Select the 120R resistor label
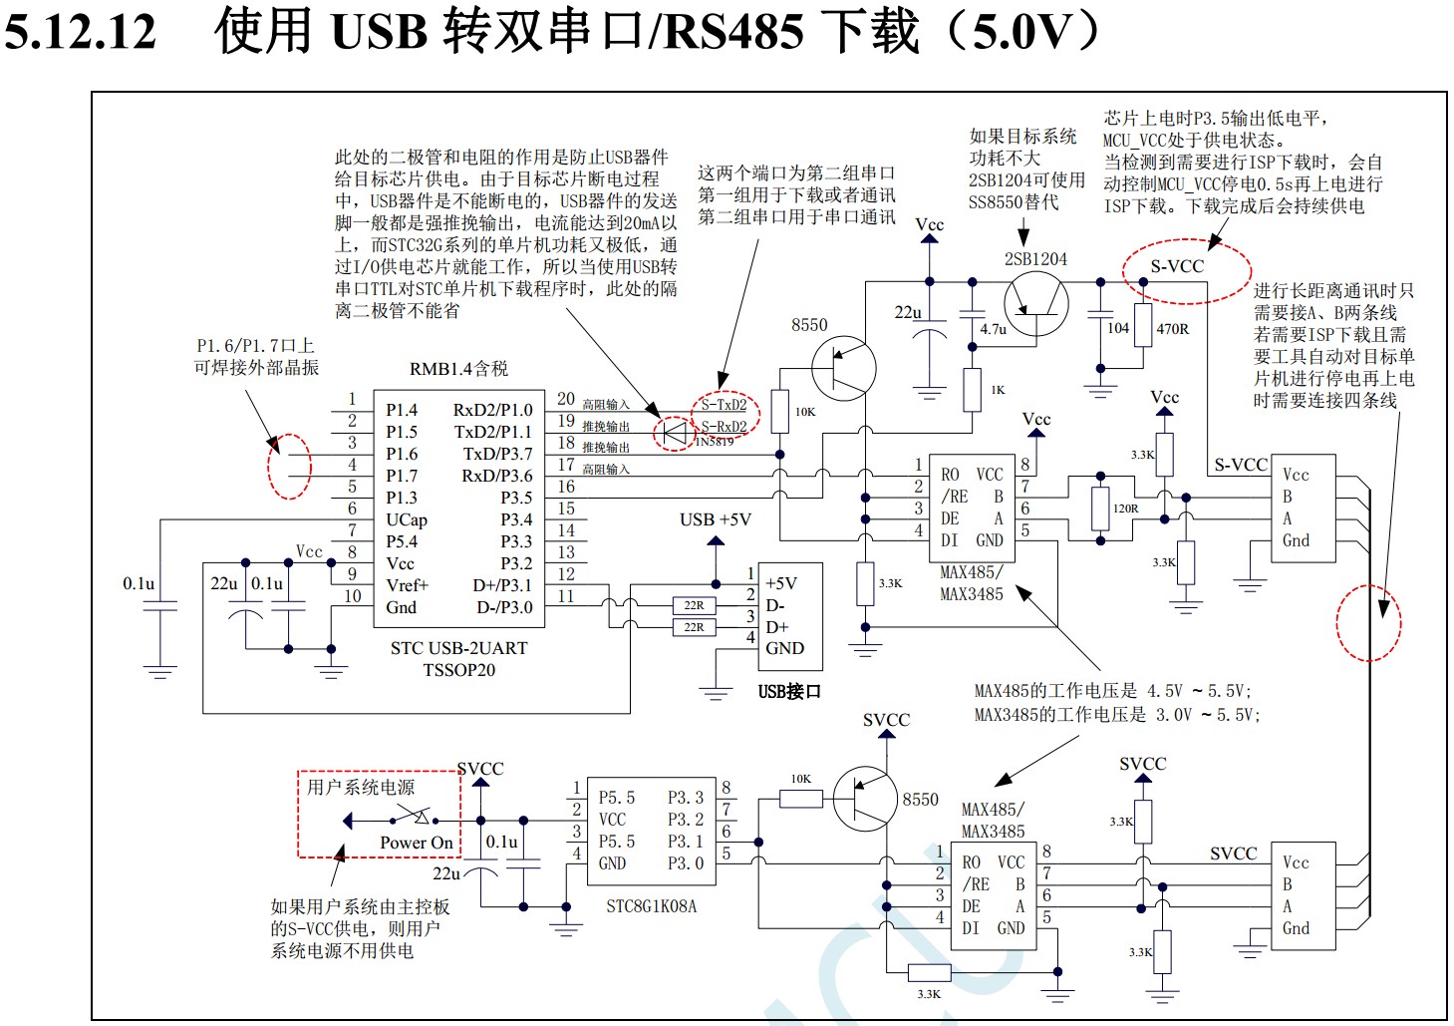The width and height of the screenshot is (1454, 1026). click(1126, 509)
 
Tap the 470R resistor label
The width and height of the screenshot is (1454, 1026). click(1172, 329)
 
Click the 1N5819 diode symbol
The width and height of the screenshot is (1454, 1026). click(675, 432)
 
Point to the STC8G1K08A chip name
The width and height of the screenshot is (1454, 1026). click(651, 906)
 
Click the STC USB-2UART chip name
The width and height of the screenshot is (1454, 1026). click(458, 648)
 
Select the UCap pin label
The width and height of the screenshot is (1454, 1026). click(407, 519)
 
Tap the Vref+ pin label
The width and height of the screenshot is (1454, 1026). click(408, 585)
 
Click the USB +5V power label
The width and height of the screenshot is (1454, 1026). click(716, 519)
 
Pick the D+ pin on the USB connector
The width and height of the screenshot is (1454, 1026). click(776, 627)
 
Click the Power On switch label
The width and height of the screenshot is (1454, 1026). click(416, 843)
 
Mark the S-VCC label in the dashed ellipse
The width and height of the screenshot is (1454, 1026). click(1177, 266)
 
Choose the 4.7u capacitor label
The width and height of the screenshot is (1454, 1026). click(994, 329)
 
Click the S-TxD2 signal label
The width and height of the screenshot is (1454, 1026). click(724, 405)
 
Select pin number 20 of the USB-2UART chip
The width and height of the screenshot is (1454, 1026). click(566, 399)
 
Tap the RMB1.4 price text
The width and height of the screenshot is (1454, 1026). click(458, 369)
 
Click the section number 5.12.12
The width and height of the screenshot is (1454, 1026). click(81, 32)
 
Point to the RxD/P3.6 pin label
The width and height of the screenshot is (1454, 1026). click(496, 476)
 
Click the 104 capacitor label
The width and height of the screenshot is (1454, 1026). click(1118, 328)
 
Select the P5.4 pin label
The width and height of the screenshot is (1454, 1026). click(402, 541)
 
